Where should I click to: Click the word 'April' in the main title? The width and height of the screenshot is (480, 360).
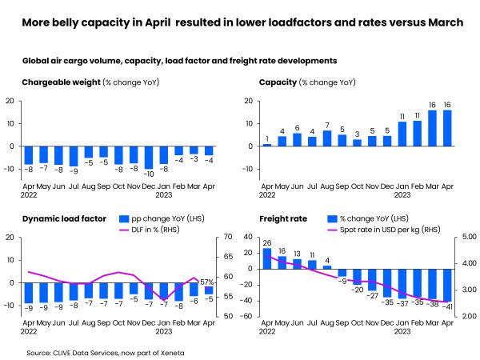[158, 22]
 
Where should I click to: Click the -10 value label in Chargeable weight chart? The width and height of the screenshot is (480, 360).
[148, 174]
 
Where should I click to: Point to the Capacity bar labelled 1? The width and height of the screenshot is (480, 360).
[268, 145]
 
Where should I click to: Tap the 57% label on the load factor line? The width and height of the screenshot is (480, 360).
[206, 282]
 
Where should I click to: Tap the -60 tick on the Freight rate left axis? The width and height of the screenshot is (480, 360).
[247, 316]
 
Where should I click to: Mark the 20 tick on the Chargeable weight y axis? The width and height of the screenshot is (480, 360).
[10, 101]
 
